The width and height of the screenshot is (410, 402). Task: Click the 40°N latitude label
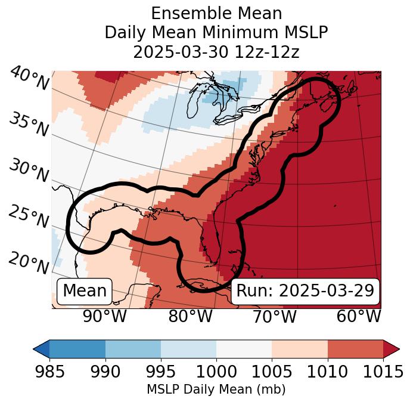click(29, 79)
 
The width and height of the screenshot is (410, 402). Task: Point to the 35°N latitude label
click(29, 124)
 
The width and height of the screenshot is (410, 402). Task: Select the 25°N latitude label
click(29, 216)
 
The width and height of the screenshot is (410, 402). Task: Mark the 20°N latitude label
click(29, 262)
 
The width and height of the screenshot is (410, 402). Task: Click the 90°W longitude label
click(105, 316)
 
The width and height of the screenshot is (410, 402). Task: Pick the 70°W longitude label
click(274, 316)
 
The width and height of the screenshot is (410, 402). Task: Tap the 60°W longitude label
click(359, 316)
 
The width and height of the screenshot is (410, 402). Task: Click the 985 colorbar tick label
click(49, 372)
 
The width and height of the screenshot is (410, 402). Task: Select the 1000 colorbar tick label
click(216, 372)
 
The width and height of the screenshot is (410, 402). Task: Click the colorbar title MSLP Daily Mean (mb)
click(216, 390)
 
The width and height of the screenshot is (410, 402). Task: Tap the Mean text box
click(85, 291)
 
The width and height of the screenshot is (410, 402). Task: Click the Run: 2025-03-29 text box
click(305, 291)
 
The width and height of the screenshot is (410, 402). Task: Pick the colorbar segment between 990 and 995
click(133, 349)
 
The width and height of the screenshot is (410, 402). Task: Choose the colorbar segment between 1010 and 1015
click(355, 349)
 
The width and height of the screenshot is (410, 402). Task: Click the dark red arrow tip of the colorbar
click(392, 349)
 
